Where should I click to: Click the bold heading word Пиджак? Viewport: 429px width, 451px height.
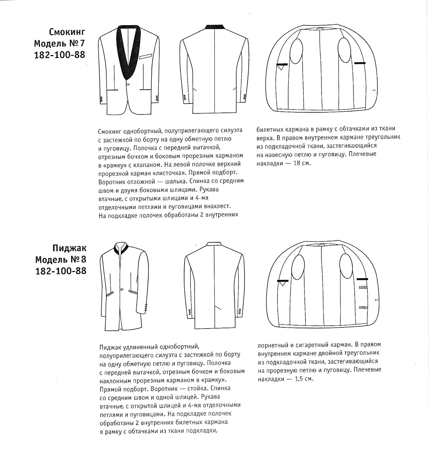pyautogui.click(x=69, y=248)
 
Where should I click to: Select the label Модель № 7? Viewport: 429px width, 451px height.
pyautogui.click(x=59, y=43)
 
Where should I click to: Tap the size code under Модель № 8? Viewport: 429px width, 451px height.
pyautogui.click(x=61, y=271)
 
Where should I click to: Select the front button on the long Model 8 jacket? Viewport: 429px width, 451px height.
pyautogui.click(x=122, y=289)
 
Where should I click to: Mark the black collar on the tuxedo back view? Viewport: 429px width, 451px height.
pyautogui.click(x=216, y=27)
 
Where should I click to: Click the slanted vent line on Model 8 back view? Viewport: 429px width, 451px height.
pyautogui.click(x=218, y=307)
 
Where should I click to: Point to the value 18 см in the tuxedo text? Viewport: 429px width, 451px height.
pyautogui.click(x=301, y=163)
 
